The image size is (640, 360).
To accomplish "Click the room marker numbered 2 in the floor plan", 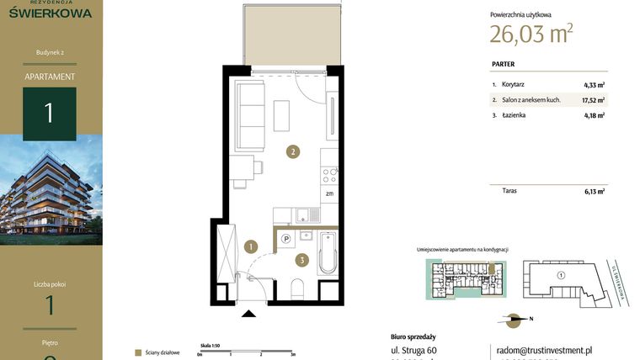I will pos(292,152).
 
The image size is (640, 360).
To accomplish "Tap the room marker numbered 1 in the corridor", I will pos(250,246).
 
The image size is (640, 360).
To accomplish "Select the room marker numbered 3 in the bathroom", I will pos(301,260).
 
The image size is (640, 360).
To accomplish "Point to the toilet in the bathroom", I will pos(296,290).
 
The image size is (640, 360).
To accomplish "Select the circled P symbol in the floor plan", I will pos(285,239).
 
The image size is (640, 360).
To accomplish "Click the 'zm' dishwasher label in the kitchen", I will pos(329,193).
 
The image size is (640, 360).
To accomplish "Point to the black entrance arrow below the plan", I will pos(248,315).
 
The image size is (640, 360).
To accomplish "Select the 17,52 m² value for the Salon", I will pos(593,100).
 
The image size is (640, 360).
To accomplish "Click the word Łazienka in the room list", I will pos(515,115).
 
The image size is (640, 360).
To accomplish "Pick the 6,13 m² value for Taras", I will pos(595,191).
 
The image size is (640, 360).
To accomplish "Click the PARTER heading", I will pos(503,64).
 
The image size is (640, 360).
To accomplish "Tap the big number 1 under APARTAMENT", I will pos(49,113).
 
